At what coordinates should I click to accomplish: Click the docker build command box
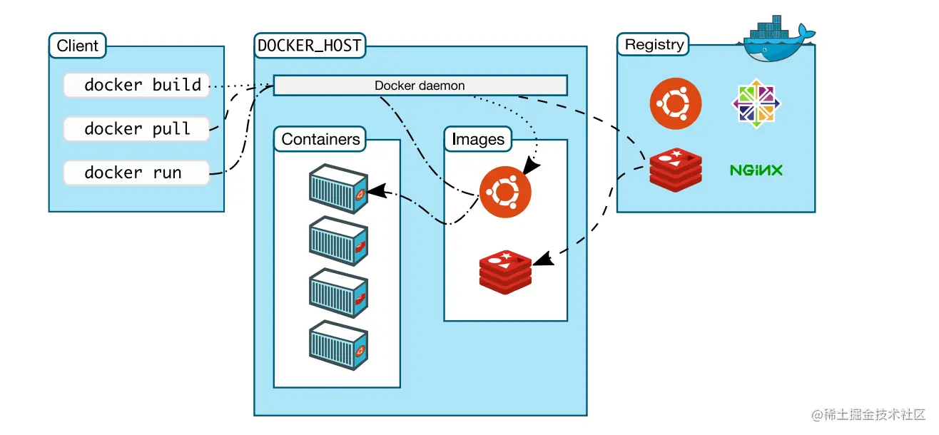click(x=136, y=85)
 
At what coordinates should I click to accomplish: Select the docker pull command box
click(x=136, y=129)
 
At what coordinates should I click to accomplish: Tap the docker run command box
click(x=136, y=173)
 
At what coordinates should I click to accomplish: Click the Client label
click(x=77, y=46)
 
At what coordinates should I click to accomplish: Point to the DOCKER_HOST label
click(x=310, y=46)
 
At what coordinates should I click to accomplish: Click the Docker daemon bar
click(x=420, y=86)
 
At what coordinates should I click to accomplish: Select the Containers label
click(x=320, y=139)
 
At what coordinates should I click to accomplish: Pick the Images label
click(x=477, y=140)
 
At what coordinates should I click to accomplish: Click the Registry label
click(x=654, y=45)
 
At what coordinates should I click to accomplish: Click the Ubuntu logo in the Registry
click(x=675, y=104)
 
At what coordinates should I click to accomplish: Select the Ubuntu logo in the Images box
click(x=505, y=191)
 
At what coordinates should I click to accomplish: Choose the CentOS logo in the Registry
click(x=756, y=104)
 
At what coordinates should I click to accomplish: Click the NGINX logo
click(x=756, y=170)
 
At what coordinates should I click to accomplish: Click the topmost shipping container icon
click(x=338, y=189)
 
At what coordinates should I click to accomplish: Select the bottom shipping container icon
click(x=338, y=345)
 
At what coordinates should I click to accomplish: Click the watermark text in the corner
click(x=868, y=414)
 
